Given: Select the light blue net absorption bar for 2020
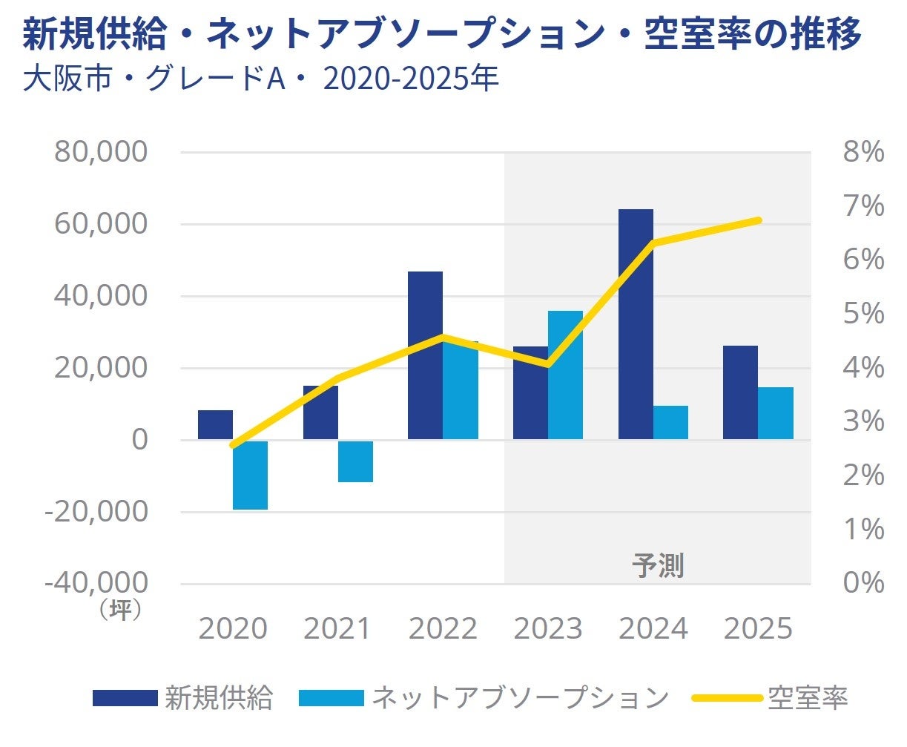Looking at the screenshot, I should point(250,475).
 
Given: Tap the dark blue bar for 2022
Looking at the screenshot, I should point(425,355).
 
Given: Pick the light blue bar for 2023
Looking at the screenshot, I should point(565,375).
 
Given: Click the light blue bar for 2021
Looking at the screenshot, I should point(355,461).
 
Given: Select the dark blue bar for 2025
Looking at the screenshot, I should point(740,392).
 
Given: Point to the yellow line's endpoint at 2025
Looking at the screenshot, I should point(758,220).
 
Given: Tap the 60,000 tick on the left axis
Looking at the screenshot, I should point(101,223).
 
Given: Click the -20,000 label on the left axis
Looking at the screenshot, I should point(96,510).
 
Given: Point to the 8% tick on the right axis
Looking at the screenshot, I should point(863,152).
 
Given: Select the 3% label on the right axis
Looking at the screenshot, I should point(863,421).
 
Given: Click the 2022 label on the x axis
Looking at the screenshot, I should point(443,629).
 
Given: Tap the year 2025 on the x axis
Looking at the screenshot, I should point(758,629).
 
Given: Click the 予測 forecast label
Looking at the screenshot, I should point(658,565).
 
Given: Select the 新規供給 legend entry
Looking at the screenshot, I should point(183,698).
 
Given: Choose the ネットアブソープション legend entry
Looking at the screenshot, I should point(484,698).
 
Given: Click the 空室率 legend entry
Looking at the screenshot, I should point(771,698).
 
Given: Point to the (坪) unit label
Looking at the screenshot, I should point(120,610).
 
